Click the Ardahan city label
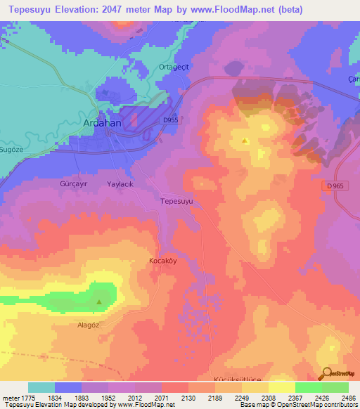103,122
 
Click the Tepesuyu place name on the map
176,201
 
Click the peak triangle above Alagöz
98,303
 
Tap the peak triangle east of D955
245,141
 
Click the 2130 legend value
188,398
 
